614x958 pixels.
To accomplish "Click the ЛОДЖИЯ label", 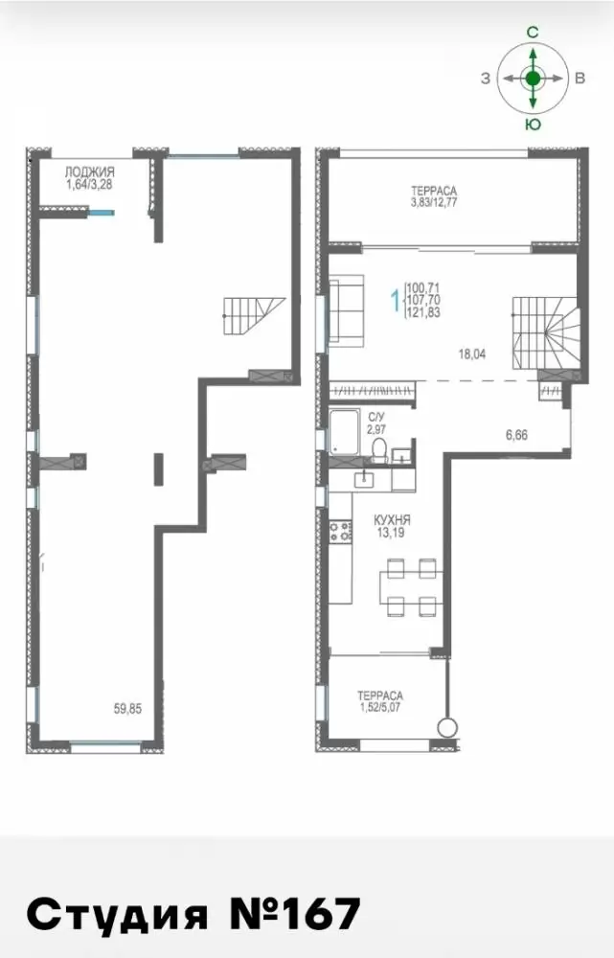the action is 90,172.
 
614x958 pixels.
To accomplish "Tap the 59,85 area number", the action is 127,709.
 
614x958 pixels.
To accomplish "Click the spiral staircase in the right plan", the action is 545,333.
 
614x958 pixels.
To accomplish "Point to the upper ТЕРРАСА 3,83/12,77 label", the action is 434,196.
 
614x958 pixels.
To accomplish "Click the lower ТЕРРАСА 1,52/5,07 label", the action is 380,701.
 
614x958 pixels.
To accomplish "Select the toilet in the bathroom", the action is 379,449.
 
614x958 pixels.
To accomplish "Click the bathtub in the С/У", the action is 347,433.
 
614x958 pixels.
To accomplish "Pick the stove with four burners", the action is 341,531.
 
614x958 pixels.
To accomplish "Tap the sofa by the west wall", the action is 346,309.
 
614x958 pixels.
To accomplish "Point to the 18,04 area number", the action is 471,354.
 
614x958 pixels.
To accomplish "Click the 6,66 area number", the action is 516,435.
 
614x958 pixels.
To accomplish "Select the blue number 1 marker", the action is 396,300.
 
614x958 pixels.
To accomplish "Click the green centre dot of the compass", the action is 534,79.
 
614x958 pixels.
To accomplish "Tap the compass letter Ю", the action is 533,125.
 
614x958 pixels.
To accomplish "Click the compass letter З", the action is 485,79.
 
